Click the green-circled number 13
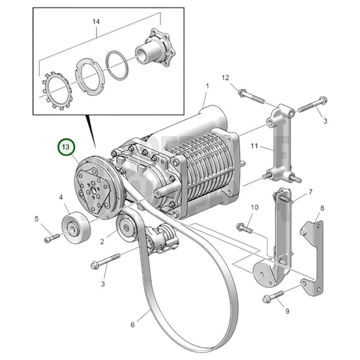66,147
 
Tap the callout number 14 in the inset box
96,22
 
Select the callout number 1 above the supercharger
207,86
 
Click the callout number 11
255,146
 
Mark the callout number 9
286,311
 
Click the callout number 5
38,218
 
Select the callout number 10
255,207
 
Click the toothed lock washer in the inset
57,91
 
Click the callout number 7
310,192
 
